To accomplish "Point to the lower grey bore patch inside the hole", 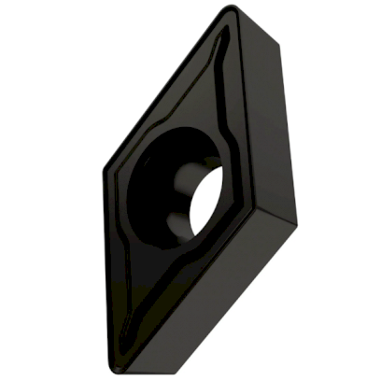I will tap(176, 225).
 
